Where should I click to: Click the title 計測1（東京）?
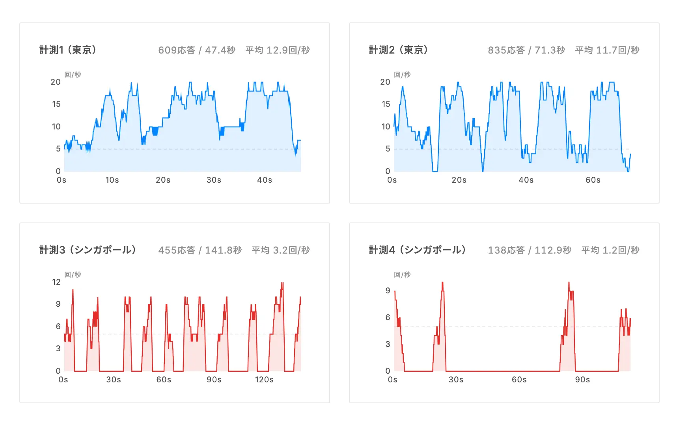pos(68,50)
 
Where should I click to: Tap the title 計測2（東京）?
pos(398,50)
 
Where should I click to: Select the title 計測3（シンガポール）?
pos(88,250)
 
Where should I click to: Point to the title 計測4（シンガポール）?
pos(418,250)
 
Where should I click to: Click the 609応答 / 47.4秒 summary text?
pos(197,50)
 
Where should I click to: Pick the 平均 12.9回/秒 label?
pos(278,50)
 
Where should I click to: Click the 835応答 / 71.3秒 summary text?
pos(526,50)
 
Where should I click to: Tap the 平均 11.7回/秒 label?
pos(607,50)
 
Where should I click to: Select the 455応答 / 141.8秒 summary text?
pos(200,250)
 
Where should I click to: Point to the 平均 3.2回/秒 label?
pos(281,250)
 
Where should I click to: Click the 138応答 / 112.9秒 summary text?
pos(530,250)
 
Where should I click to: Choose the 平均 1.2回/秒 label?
pos(610,250)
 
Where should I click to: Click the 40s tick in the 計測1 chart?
pos(265,180)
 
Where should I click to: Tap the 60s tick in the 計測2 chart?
pos(593,180)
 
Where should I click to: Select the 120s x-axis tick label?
pos(264,380)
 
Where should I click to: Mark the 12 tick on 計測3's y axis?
pos(56,282)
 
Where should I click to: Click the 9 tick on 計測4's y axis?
pos(388,291)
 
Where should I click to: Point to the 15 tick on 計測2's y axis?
pos(386,104)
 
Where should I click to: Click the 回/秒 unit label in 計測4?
pos(402,274)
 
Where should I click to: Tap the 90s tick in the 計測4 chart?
pos(582,380)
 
